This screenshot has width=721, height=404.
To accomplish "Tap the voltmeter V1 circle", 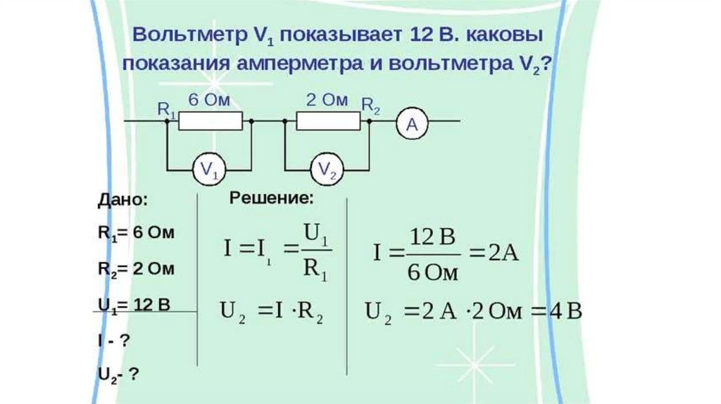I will [209, 169].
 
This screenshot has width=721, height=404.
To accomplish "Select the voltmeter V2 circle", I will [327, 169].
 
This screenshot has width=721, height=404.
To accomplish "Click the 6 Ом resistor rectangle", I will [211, 122].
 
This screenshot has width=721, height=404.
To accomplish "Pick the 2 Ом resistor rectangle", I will [328, 122].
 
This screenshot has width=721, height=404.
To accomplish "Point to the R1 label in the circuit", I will [166, 109].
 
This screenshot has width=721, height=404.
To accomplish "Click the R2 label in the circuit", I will [371, 106].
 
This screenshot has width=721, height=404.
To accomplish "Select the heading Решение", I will [271, 198].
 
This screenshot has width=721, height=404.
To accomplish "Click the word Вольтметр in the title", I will [184, 35].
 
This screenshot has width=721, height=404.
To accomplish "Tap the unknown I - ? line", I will [113, 340].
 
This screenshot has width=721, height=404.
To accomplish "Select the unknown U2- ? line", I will [117, 374].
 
